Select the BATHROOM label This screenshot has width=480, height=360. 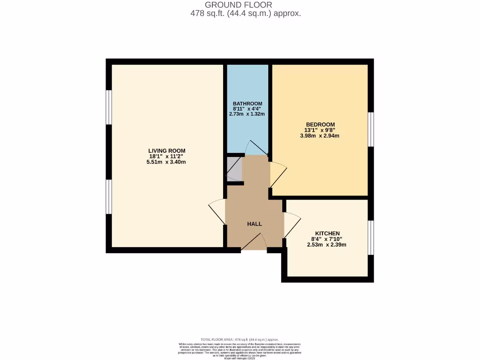(247, 104)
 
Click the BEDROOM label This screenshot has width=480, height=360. (321, 124)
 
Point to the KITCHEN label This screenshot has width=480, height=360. (327, 233)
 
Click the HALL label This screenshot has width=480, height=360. (255, 224)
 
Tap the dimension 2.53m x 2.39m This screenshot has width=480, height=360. (327, 245)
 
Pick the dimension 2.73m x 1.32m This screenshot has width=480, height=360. (247, 114)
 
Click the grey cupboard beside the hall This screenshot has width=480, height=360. (234, 169)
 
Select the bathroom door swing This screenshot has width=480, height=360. (256, 149)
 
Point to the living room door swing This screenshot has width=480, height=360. (217, 211)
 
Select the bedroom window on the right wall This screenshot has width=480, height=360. (370, 129)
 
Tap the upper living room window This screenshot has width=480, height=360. (109, 107)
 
